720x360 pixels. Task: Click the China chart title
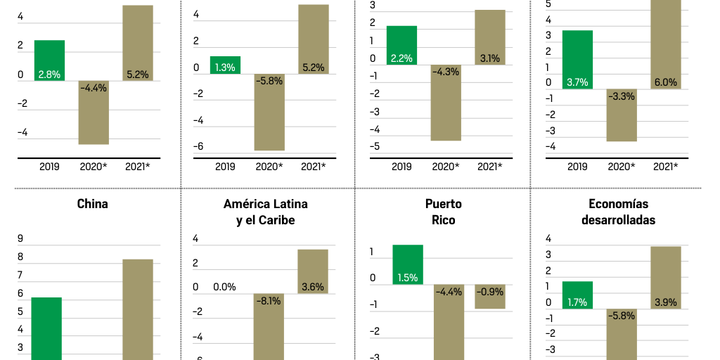[92, 204]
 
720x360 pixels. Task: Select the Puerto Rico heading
[444, 212]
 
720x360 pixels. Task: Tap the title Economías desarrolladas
[618, 212]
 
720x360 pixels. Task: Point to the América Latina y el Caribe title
[266, 212]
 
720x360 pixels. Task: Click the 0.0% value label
[224, 287]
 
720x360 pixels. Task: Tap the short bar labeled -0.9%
[489, 297]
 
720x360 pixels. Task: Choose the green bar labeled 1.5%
[408, 264]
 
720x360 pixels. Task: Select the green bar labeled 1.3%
[225, 65]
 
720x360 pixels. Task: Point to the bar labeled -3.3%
[622, 115]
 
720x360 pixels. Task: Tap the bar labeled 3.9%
[665, 277]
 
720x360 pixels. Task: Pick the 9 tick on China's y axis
[20, 238]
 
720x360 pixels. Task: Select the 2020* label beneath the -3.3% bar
[622, 167]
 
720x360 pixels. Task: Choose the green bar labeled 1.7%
[577, 295]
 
